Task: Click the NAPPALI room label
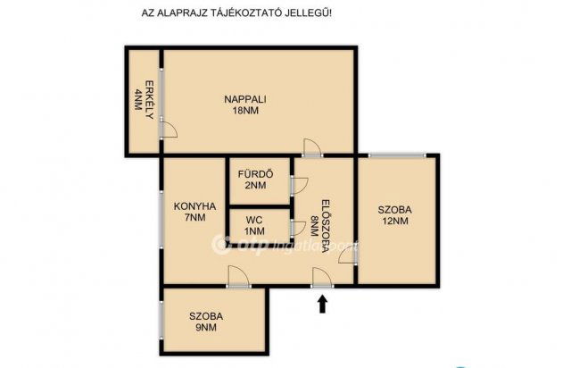click(x=245, y=99)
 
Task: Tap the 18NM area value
click(x=245, y=111)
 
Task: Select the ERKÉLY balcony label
click(x=149, y=99)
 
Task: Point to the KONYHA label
click(x=194, y=206)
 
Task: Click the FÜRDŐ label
click(x=256, y=174)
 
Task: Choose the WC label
click(x=254, y=221)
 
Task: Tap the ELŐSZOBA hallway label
click(x=326, y=226)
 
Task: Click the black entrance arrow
click(x=322, y=304)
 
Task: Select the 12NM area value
click(x=394, y=221)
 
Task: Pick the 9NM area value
click(x=206, y=328)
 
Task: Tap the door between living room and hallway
click(x=312, y=148)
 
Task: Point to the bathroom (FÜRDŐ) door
click(x=300, y=185)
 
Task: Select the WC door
click(x=299, y=229)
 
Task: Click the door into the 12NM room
click(x=347, y=255)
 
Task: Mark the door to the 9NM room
click(x=238, y=277)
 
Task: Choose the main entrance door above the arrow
click(x=322, y=278)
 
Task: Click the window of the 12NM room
click(x=397, y=155)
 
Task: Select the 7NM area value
click(x=195, y=218)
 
